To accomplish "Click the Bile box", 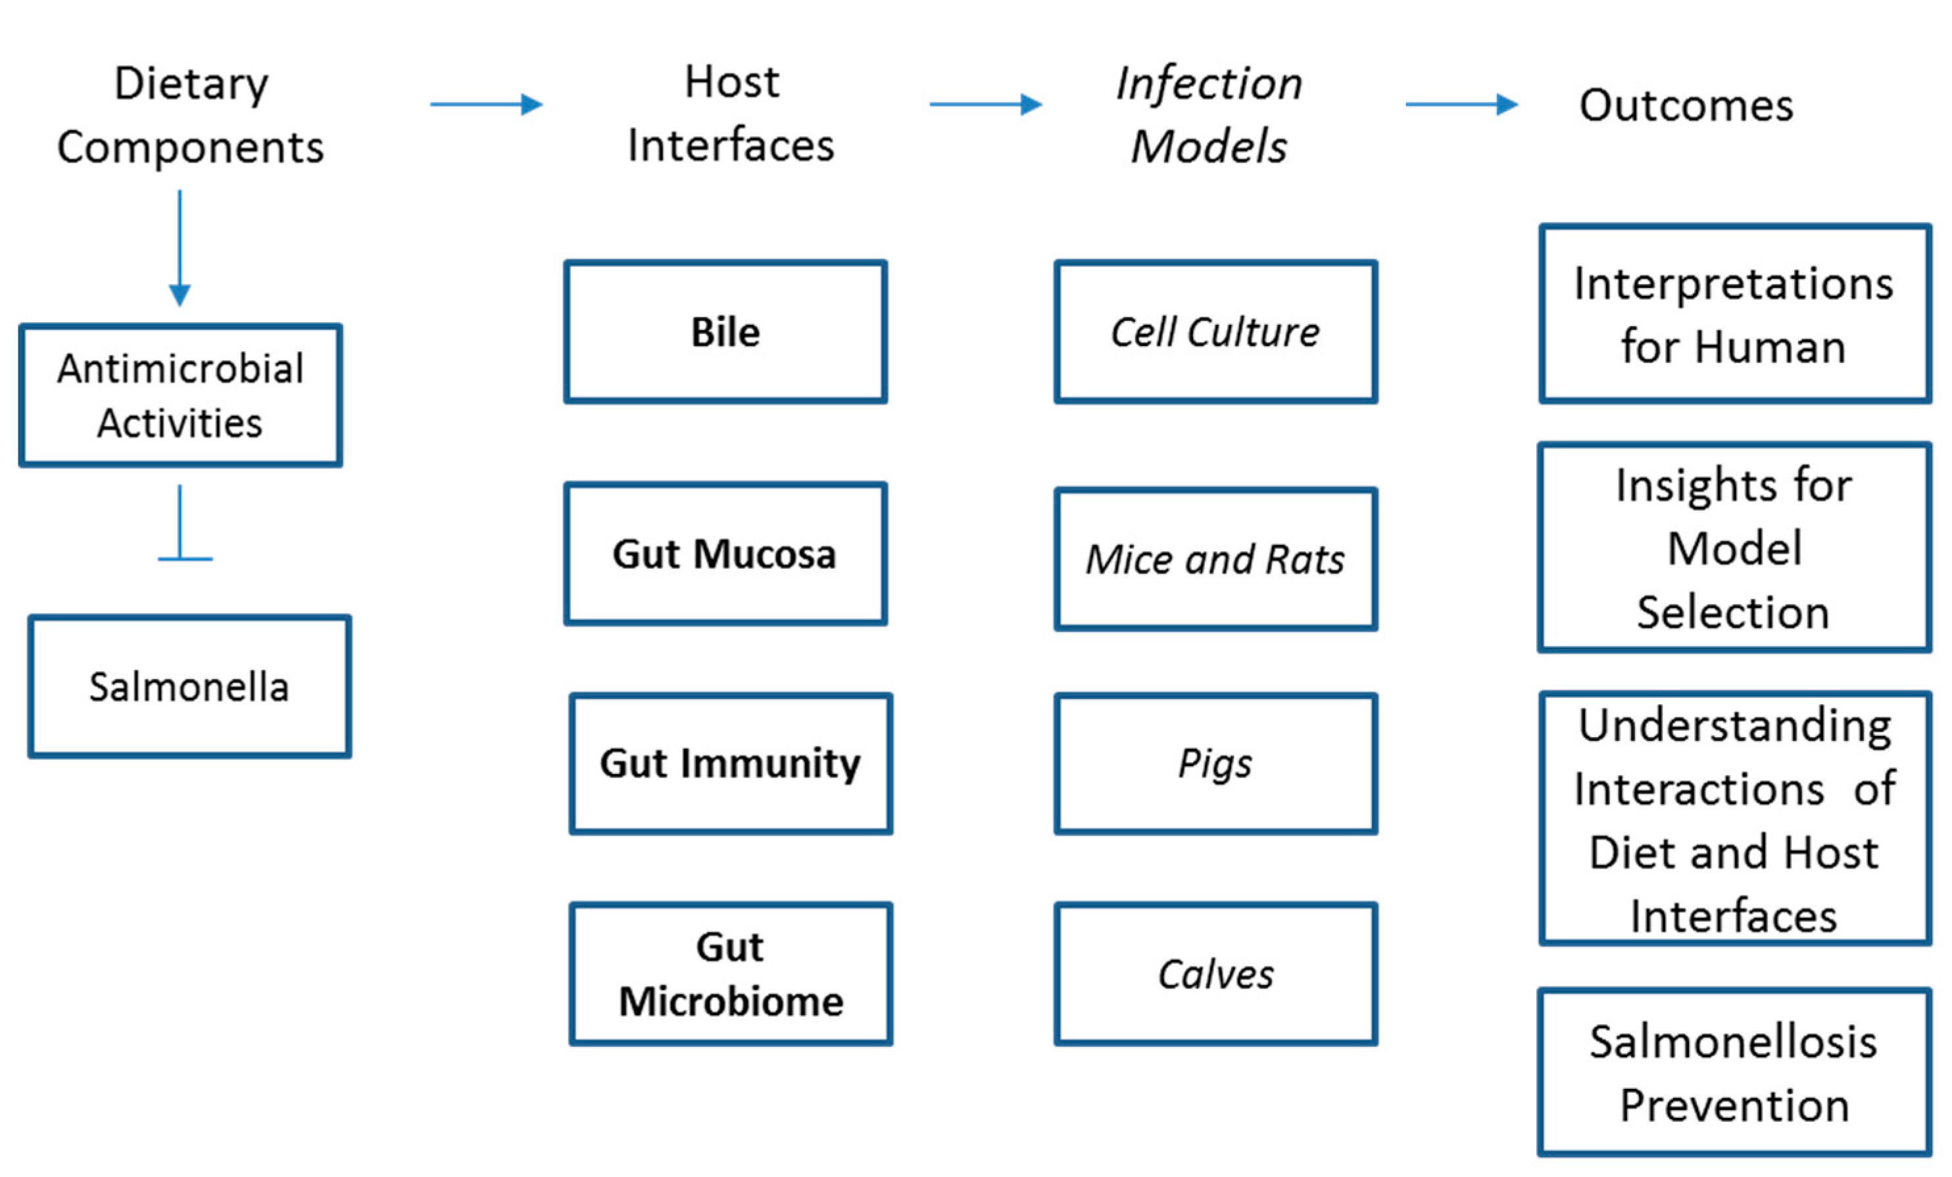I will [725, 332].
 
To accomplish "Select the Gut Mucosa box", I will [725, 554].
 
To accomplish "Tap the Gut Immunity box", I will [731, 763].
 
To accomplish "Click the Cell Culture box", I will [1215, 332].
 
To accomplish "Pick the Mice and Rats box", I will [1215, 559].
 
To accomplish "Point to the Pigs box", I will [1215, 763].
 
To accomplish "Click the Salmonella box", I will [189, 686].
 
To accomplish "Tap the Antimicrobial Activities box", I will [181, 395].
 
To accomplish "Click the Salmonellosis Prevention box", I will [1734, 1072].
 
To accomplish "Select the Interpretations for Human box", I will [1734, 314].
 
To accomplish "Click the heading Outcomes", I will [1686, 105].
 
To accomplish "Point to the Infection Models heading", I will [1209, 115].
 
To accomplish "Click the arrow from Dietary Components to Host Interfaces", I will [485, 104].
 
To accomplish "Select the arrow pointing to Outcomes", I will [1461, 104].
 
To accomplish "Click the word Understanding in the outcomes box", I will [1734, 725].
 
